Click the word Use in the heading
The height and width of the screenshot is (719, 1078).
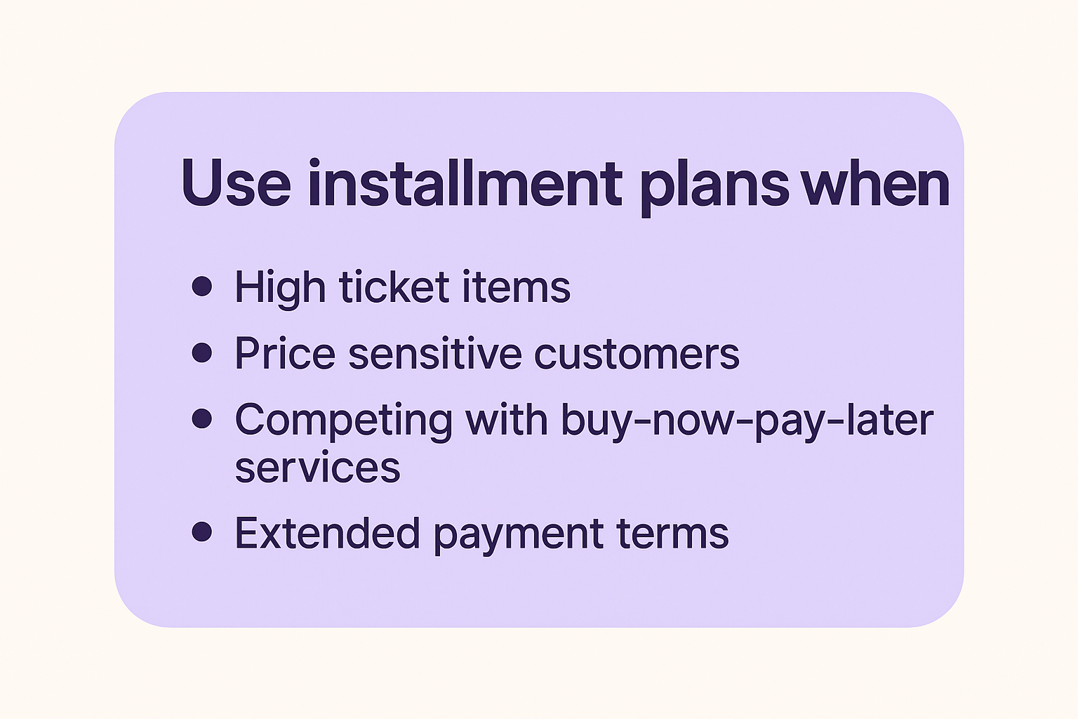pos(236,183)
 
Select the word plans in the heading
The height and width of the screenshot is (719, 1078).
pos(714,187)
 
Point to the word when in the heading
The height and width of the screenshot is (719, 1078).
pos(875,183)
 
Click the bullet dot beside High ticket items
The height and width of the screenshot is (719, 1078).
pos(202,286)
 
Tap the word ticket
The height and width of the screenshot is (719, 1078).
pos(394,287)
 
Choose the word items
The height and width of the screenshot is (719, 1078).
pos(517,287)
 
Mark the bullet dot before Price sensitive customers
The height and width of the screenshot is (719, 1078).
pos(202,352)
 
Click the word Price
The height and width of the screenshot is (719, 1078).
pos(285,353)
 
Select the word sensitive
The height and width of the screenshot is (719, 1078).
pos(435,353)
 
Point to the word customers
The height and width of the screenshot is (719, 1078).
pos(637,355)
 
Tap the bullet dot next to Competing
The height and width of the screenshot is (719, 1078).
pos(202,418)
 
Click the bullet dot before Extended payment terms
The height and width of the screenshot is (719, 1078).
pos(202,532)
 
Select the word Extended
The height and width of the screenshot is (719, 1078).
pos(327,533)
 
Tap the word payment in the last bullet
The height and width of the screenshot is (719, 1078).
pos(519,536)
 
